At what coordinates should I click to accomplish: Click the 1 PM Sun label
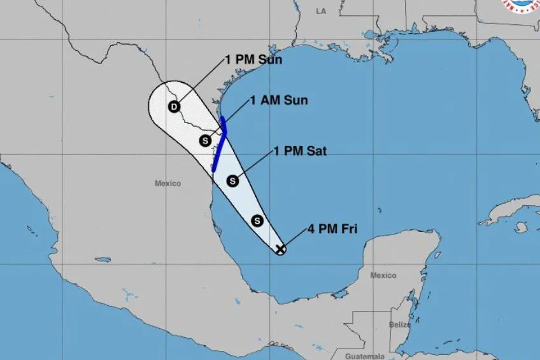click(253, 60)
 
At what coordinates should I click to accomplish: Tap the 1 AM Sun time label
click(278, 100)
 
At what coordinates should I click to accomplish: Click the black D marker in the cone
click(174, 106)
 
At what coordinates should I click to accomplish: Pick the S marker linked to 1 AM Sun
click(204, 140)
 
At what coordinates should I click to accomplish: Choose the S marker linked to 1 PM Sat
click(232, 181)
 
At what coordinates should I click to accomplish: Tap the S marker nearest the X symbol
click(257, 220)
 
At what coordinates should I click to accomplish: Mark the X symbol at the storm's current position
click(280, 249)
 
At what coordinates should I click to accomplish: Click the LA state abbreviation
click(321, 11)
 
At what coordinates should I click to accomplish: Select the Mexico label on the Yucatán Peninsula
click(383, 275)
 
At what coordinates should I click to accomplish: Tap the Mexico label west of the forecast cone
click(167, 184)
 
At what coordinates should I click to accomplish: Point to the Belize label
click(399, 324)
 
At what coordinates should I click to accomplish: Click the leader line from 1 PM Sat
click(253, 166)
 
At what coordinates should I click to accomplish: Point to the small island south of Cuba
click(521, 227)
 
